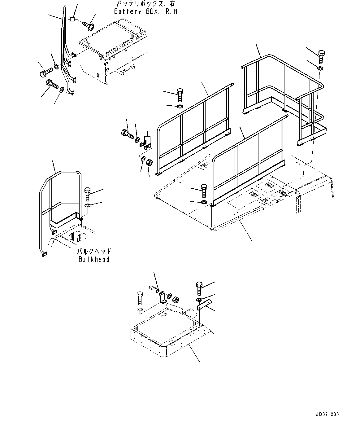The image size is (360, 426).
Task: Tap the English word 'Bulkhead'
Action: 94,259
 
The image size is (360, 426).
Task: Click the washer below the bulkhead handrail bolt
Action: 87,206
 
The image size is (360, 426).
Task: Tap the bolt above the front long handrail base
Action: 204,191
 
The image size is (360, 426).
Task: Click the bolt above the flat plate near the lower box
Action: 199,288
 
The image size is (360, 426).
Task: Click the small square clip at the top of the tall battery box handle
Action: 72,19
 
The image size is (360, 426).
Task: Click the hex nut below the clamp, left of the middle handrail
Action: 149,162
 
